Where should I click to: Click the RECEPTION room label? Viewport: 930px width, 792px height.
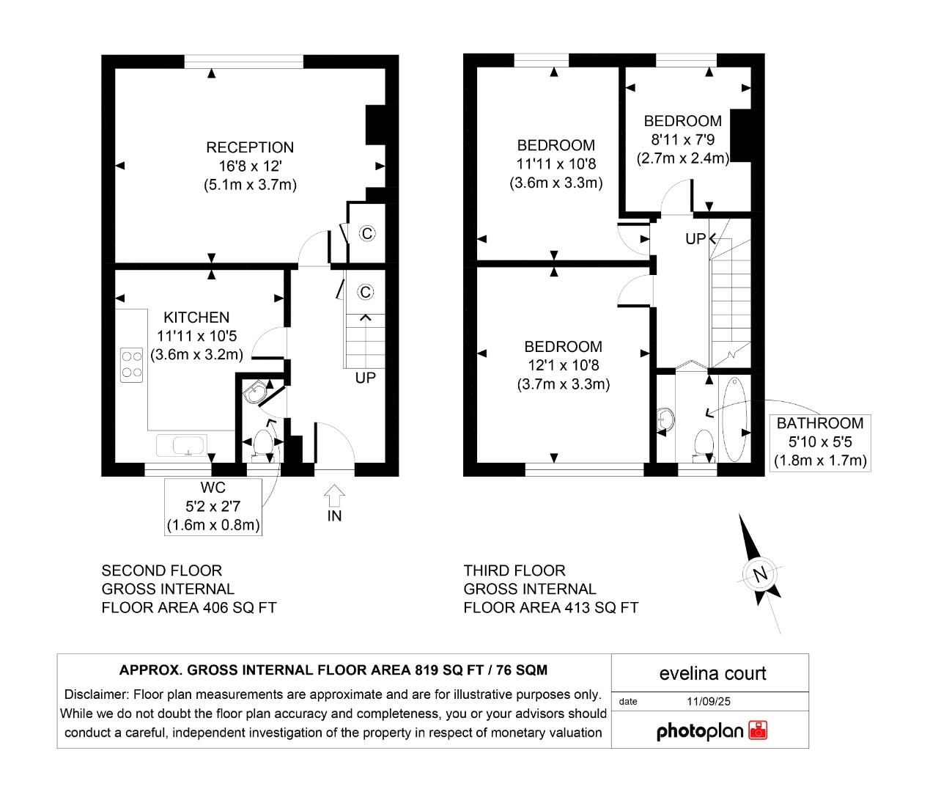249,147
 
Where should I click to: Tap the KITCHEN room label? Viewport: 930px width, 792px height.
196,318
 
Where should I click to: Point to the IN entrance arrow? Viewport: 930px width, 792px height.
334,496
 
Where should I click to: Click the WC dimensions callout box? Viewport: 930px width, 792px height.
213,507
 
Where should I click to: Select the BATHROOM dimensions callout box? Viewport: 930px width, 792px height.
820,442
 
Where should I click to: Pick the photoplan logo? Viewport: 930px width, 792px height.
711,730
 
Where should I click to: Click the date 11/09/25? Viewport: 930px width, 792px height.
709,701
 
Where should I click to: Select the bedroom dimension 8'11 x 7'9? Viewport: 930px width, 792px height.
683,139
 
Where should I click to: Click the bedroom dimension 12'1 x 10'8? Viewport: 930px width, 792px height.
563,365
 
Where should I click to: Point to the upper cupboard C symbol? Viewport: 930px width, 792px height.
367,234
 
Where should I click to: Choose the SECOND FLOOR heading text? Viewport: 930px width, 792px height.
161,571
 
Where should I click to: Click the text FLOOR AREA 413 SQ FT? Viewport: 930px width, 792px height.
550,607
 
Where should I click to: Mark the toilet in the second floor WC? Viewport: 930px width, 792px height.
263,445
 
